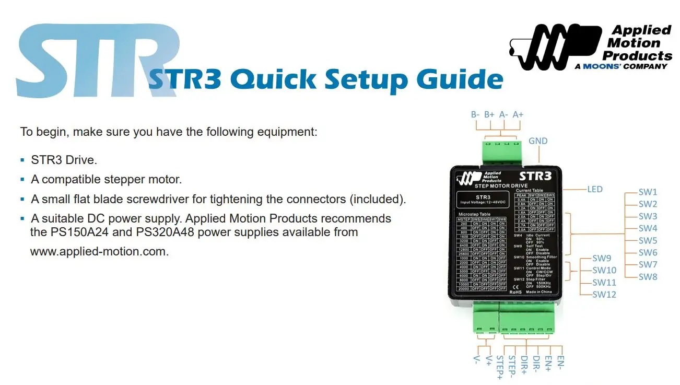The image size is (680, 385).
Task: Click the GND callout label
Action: click(538, 141)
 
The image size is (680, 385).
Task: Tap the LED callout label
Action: click(595, 189)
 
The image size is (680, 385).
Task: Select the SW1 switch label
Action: click(648, 192)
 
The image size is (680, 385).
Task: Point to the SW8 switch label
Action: click(648, 277)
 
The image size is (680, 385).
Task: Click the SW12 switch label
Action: click(604, 295)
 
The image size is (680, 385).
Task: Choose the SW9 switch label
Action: click(602, 258)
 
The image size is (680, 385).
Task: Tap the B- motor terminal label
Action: click(475, 114)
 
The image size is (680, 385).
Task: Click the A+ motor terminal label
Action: click(518, 114)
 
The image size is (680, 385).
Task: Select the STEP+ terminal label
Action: click(499, 367)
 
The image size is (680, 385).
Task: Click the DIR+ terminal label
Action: click(524, 365)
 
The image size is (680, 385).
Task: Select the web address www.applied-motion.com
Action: click(99, 251)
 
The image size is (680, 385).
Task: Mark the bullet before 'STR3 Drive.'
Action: click(22, 159)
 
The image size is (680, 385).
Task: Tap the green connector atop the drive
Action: click(501, 151)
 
